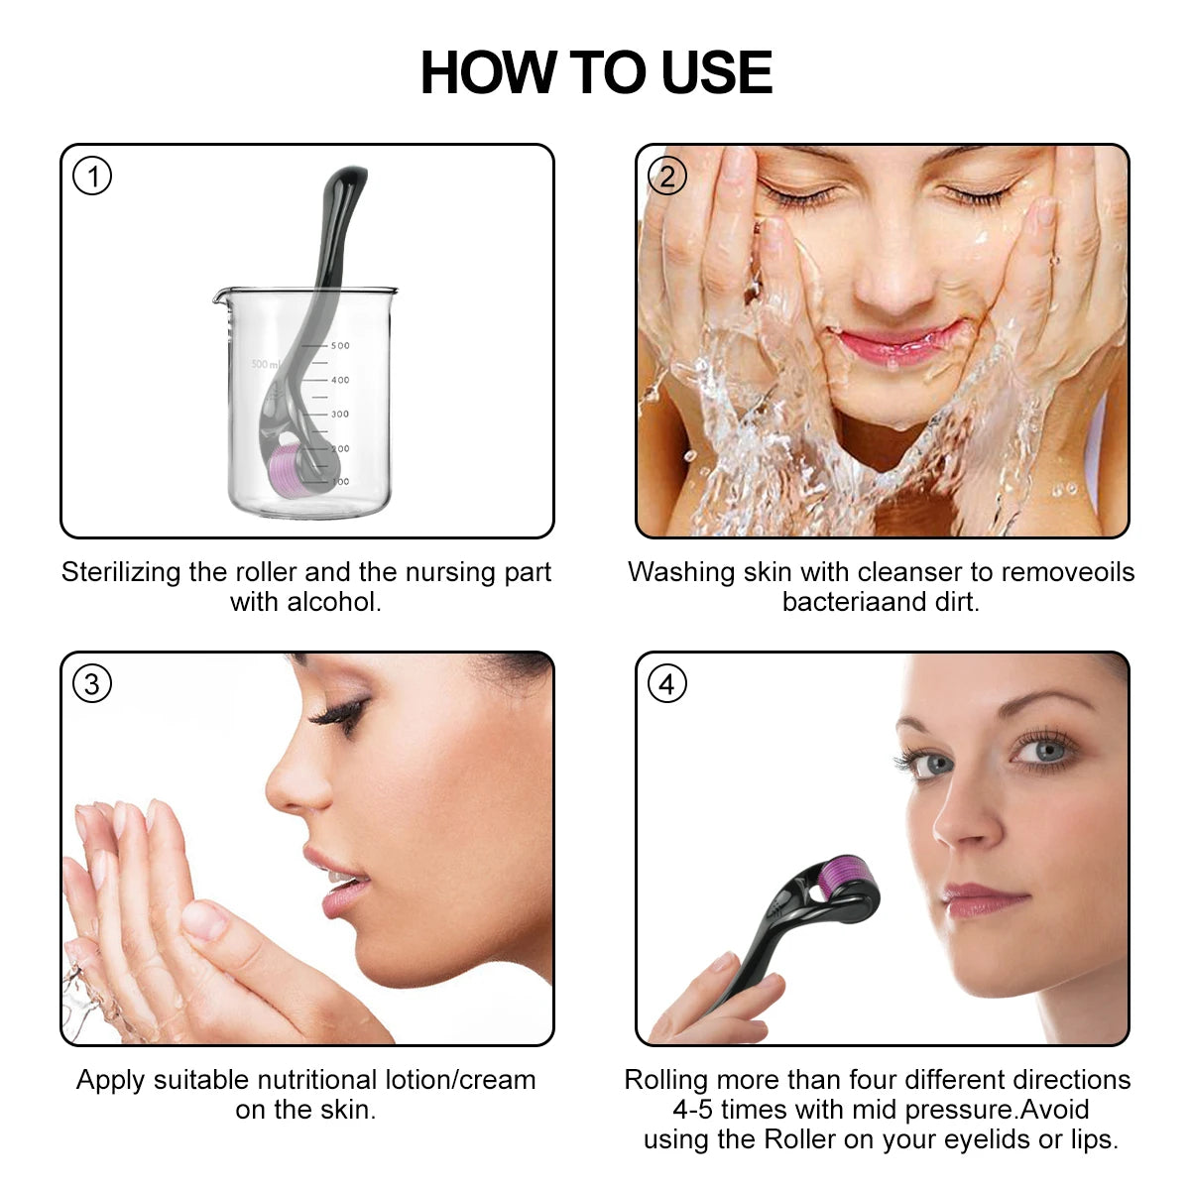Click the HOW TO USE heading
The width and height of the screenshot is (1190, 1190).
pyautogui.click(x=595, y=72)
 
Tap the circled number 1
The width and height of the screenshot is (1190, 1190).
pyautogui.click(x=92, y=177)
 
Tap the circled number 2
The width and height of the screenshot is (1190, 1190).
pyautogui.click(x=666, y=177)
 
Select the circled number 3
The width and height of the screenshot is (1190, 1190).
pyautogui.click(x=92, y=684)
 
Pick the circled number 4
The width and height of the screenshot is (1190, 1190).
pyautogui.click(x=666, y=684)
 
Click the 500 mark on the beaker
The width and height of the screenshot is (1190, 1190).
pyautogui.click(x=340, y=346)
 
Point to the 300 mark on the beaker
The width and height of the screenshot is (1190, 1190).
pyautogui.click(x=340, y=415)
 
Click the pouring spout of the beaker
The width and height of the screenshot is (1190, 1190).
pyautogui.click(x=220, y=294)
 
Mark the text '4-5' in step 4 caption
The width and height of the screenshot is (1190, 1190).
pyautogui.click(x=693, y=1110)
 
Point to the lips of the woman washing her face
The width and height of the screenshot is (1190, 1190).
pyautogui.click(x=897, y=344)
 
